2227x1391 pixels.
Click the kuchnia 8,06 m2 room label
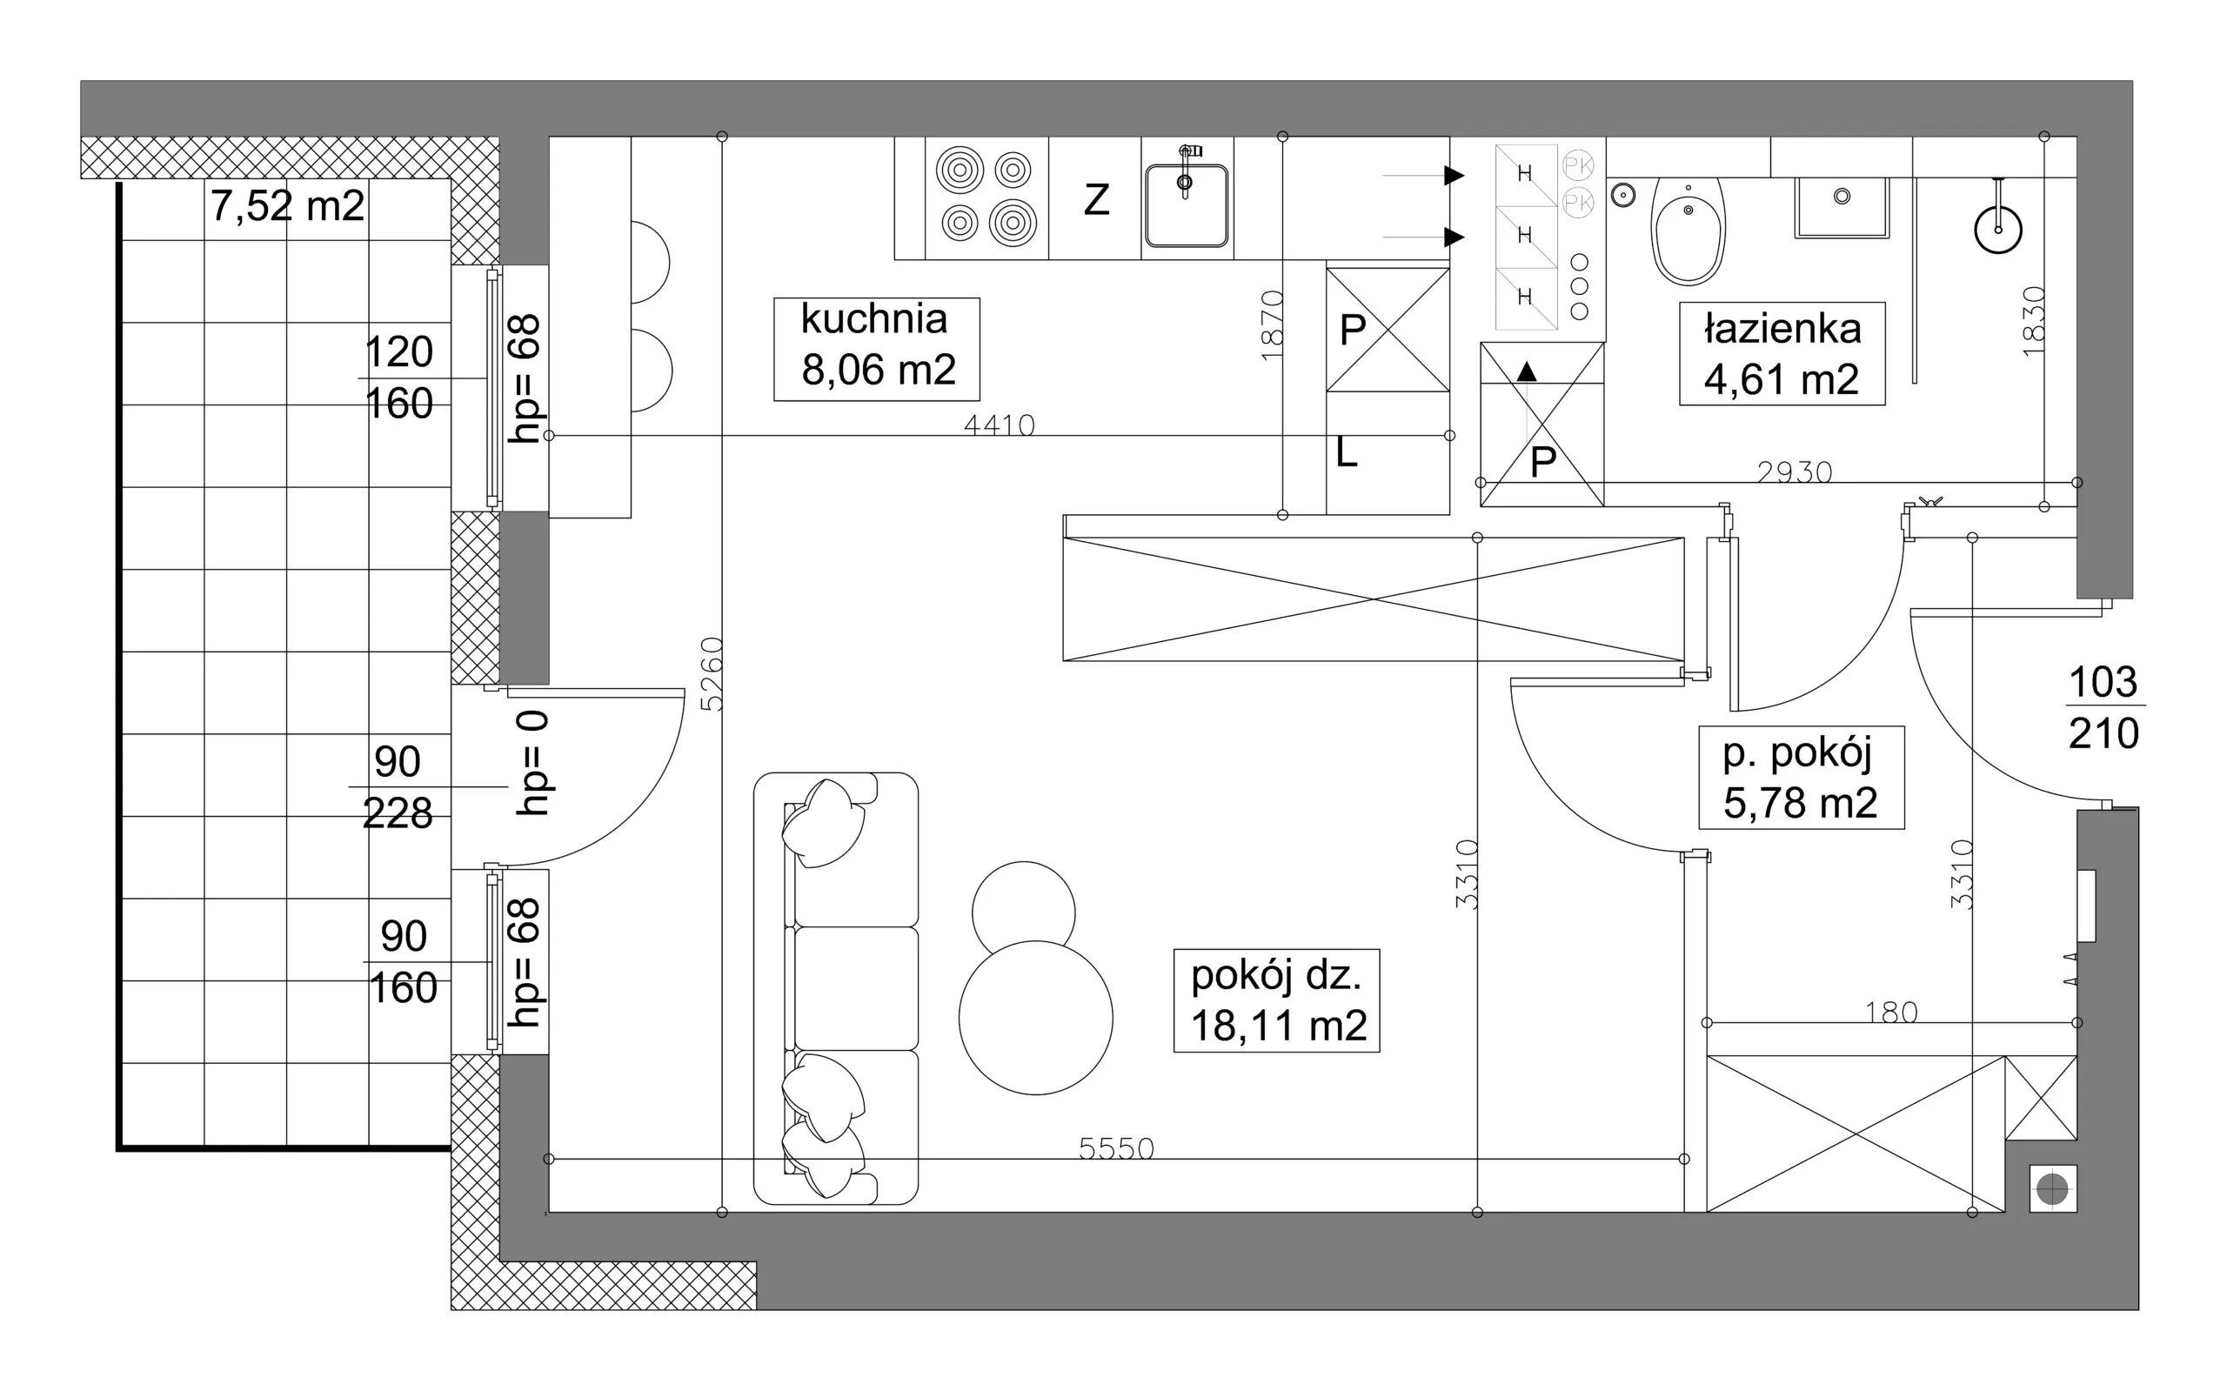pyautogui.click(x=877, y=349)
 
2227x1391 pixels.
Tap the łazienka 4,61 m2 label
pyautogui.click(x=1782, y=353)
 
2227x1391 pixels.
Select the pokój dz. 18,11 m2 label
pyautogui.click(x=1277, y=1000)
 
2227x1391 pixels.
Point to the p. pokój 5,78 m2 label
pyautogui.click(x=1801, y=778)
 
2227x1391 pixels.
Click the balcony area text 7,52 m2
pyautogui.click(x=288, y=206)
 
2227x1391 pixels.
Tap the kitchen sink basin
pyautogui.click(x=1187, y=205)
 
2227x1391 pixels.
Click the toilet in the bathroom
pyautogui.click(x=1688, y=230)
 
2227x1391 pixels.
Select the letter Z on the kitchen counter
pyautogui.click(x=1096, y=199)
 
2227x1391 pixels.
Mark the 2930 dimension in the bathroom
pyautogui.click(x=1795, y=472)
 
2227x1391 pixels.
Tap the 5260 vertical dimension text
pyautogui.click(x=712, y=674)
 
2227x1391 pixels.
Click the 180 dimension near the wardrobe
pyautogui.click(x=1891, y=1012)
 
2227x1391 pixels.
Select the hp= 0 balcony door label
pyautogui.click(x=532, y=763)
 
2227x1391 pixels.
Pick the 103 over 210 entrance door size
pyautogui.click(x=2103, y=707)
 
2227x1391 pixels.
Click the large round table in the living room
pyautogui.click(x=1036, y=1018)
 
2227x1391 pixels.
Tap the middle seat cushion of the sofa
pyautogui.click(x=856, y=988)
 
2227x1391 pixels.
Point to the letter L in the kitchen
pyautogui.click(x=1346, y=452)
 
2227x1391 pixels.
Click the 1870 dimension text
pyautogui.click(x=1271, y=324)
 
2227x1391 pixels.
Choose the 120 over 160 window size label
pyautogui.click(x=399, y=378)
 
